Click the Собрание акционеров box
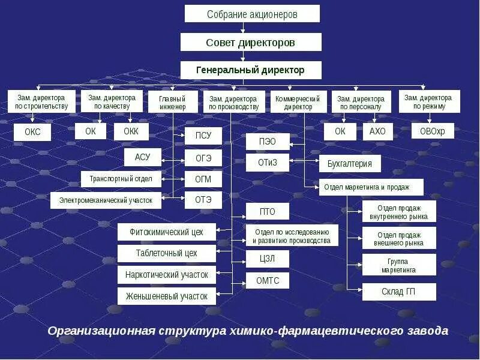pyautogui.click(x=252, y=14)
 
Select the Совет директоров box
pyautogui.click(x=251, y=42)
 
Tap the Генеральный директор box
pyautogui.click(x=251, y=70)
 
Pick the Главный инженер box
pyautogui.click(x=172, y=102)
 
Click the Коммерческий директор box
pyautogui.click(x=298, y=102)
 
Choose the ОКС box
pyautogui.click(x=33, y=132)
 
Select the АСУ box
pyautogui.click(x=143, y=157)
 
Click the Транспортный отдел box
pyautogui.click(x=121, y=179)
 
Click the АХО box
pyautogui.click(x=377, y=131)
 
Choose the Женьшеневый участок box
pyautogui.click(x=166, y=296)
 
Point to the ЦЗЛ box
pyautogui.click(x=267, y=259)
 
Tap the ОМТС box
pyautogui.click(x=267, y=281)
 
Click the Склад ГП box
pyautogui.click(x=399, y=292)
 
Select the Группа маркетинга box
pyautogui.click(x=399, y=265)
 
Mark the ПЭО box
pyautogui.click(x=268, y=142)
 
